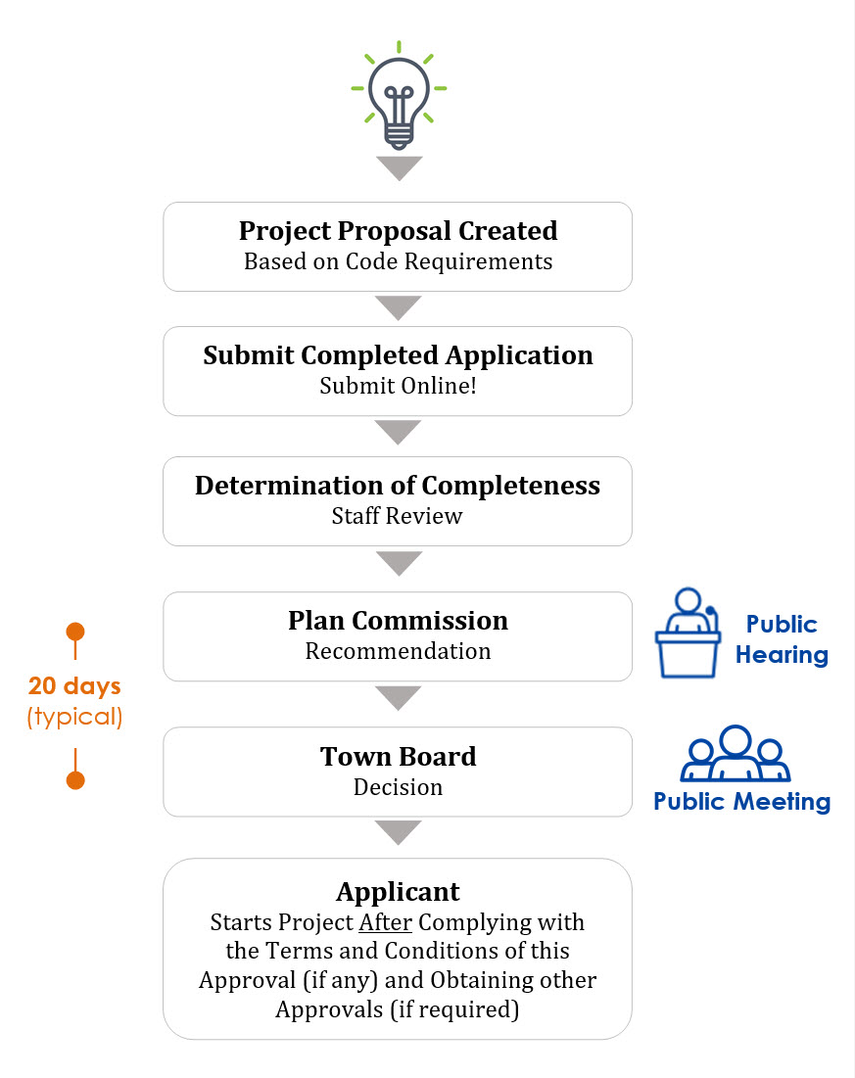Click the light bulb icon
(x=399, y=95)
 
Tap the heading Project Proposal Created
(x=399, y=231)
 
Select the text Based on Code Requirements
(x=399, y=262)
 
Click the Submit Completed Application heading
(x=399, y=355)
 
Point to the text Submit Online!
(x=399, y=386)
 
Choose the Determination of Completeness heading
(x=398, y=486)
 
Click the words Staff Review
(x=398, y=516)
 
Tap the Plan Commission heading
(x=399, y=621)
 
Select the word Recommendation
(x=399, y=651)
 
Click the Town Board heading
(x=399, y=756)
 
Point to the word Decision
(x=399, y=787)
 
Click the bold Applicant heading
(x=399, y=892)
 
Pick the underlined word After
(x=386, y=922)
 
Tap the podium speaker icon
(x=688, y=633)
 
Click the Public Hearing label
(x=783, y=639)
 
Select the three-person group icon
(x=736, y=754)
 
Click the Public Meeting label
(x=742, y=802)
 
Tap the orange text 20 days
(x=75, y=686)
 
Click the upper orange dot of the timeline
(x=75, y=632)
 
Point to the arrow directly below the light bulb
(x=399, y=168)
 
